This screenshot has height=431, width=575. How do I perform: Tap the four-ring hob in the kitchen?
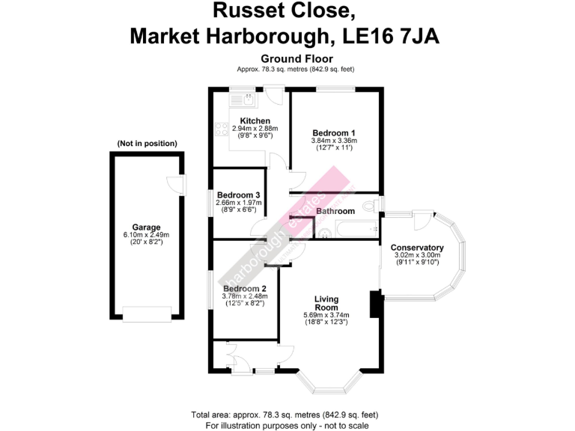pos(222,129)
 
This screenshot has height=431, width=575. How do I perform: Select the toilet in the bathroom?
pos(368,206)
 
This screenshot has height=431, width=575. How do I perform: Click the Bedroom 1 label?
pos(334,133)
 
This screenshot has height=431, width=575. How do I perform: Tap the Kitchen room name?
pos(255,121)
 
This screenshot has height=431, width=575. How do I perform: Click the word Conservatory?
pos(418,248)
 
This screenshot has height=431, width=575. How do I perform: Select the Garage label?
pos(147,227)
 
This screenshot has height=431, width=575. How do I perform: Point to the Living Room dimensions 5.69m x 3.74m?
pos(326,315)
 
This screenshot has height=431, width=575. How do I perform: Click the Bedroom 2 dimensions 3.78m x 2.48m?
pos(246,296)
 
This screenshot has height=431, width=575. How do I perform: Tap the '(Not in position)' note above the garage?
pos(147,143)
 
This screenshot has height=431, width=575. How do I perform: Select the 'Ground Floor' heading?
pos(296,58)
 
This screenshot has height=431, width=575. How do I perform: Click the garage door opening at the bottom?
pos(147,314)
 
